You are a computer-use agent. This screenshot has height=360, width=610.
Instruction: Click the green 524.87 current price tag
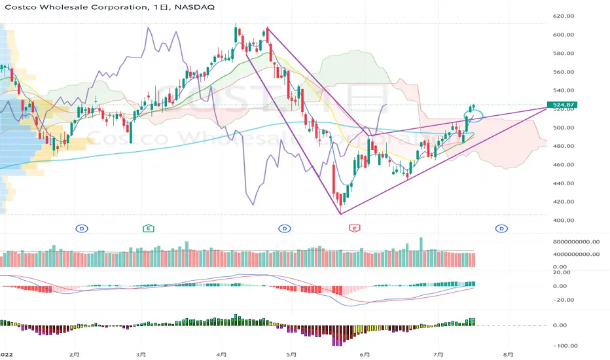(x=562, y=104)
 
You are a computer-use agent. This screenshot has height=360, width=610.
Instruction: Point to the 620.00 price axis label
(x=564, y=16)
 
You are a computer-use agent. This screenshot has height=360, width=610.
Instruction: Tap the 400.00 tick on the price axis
(x=564, y=221)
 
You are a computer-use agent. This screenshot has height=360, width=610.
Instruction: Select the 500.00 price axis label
(x=564, y=128)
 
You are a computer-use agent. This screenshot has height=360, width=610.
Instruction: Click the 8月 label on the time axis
(x=508, y=355)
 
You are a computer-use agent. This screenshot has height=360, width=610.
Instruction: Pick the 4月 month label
(x=221, y=355)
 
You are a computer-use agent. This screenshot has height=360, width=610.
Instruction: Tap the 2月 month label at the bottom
(x=74, y=355)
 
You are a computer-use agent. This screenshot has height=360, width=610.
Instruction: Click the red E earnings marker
(x=354, y=228)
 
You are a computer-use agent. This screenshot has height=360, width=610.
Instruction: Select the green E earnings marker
(x=148, y=228)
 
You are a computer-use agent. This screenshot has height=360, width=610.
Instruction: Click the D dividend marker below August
(x=501, y=228)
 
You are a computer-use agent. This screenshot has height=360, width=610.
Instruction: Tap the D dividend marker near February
(x=82, y=228)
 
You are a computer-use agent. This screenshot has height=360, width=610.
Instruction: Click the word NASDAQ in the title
(x=194, y=7)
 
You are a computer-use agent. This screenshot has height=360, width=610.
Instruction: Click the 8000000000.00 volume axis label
(x=576, y=242)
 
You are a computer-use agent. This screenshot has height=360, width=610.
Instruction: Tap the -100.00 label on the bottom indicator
(x=565, y=346)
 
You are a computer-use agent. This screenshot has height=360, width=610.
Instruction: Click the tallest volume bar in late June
(x=421, y=252)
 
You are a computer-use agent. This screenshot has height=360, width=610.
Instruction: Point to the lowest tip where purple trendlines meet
(x=340, y=214)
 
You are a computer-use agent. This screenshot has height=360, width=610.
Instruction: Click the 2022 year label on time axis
(x=7, y=355)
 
